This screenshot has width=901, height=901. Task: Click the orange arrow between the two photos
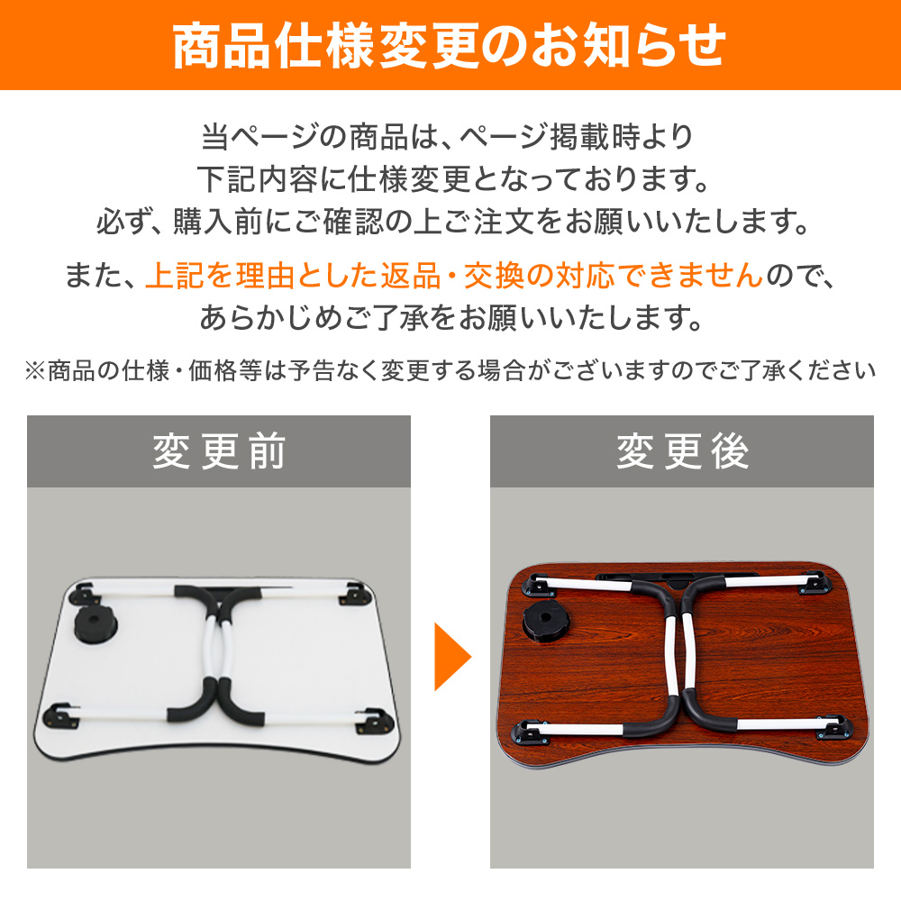point(451,656)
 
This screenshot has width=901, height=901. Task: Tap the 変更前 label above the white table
point(219,451)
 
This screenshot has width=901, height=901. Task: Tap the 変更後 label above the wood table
point(682,451)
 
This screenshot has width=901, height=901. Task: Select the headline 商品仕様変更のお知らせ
point(450,46)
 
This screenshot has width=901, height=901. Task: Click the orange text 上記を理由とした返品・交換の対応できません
point(454,275)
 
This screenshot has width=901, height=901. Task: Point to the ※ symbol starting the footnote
point(36,370)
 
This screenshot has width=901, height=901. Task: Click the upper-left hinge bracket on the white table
point(83,594)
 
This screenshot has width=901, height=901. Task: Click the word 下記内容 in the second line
point(257,178)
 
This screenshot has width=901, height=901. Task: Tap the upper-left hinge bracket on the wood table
point(539,585)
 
